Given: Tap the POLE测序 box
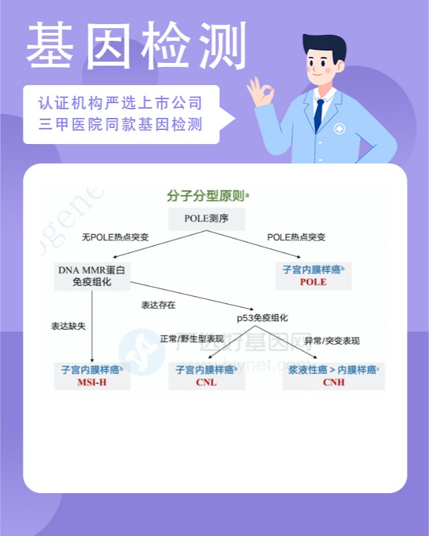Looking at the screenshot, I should [x=206, y=218].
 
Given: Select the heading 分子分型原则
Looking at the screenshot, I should [x=206, y=196].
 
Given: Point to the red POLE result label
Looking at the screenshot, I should [x=313, y=282].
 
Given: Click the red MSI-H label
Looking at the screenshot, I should [x=92, y=383].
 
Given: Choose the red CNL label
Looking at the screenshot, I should [x=206, y=383].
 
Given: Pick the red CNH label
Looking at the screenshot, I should [x=333, y=383].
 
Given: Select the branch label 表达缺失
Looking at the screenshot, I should [x=68, y=326].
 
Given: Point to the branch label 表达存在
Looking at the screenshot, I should [x=158, y=305].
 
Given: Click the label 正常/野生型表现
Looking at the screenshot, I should [x=192, y=340].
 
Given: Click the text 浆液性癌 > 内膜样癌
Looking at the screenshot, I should [x=331, y=369].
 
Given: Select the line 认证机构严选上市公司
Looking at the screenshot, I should [x=120, y=104].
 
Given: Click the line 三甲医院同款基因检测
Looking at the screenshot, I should [x=120, y=125].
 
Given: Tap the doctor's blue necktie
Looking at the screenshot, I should [x=319, y=115].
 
